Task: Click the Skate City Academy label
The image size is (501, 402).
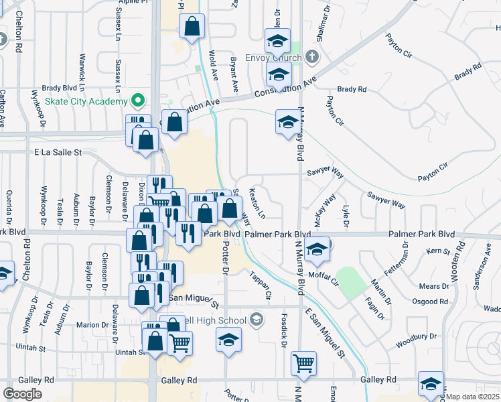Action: [86, 101]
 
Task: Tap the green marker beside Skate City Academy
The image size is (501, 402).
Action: [139, 101]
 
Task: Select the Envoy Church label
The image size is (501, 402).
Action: [275, 58]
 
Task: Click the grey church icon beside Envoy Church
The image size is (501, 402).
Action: [311, 56]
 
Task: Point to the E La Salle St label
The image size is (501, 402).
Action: [58, 152]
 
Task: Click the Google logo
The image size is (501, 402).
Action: [23, 394]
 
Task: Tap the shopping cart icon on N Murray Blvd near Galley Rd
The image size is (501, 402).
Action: [304, 362]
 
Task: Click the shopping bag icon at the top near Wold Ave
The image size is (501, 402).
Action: [192, 26]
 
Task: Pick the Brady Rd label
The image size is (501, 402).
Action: [352, 89]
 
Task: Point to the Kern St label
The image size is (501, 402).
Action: [439, 251]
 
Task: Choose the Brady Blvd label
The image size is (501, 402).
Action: [60, 88]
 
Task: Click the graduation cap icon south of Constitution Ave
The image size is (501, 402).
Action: [287, 121]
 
